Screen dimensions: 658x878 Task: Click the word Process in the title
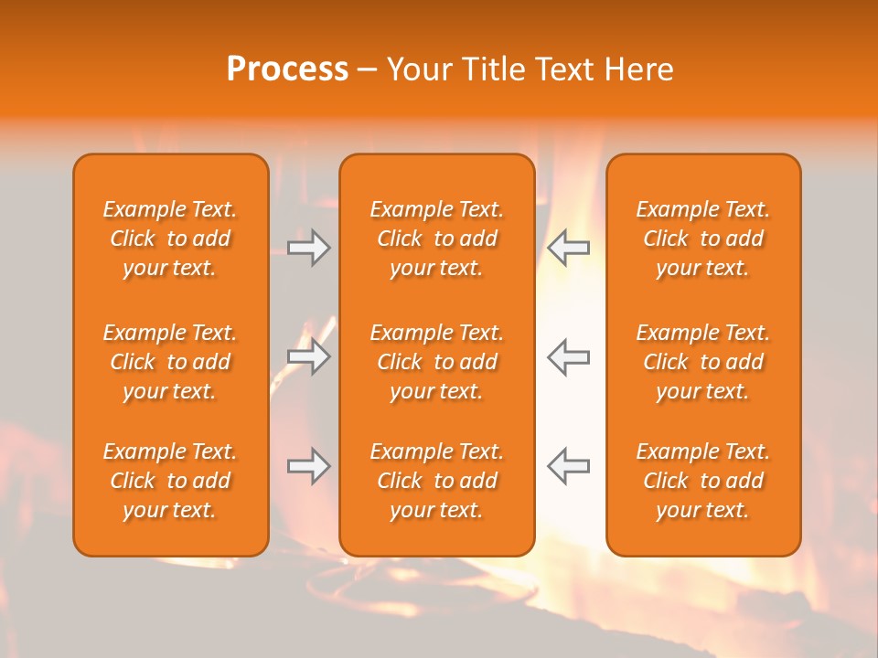point(287,69)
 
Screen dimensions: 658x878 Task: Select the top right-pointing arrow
point(309,248)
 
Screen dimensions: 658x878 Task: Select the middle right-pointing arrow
point(309,356)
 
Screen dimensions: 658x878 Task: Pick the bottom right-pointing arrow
point(309,466)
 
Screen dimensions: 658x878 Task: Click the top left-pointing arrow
point(568,248)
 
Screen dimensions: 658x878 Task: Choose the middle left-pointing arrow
point(568,356)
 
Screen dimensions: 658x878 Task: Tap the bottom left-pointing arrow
point(568,466)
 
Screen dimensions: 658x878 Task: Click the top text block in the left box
point(170,239)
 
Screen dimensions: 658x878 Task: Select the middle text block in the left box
point(170,362)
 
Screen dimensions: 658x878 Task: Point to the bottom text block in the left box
point(170,481)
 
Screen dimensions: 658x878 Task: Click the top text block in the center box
point(436,239)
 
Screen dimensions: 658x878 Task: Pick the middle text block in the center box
point(436,362)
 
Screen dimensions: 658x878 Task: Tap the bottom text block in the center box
point(436,481)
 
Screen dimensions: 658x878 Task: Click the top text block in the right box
point(702,239)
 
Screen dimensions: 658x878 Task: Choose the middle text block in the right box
point(702,362)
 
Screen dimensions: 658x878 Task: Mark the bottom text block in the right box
point(702,481)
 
